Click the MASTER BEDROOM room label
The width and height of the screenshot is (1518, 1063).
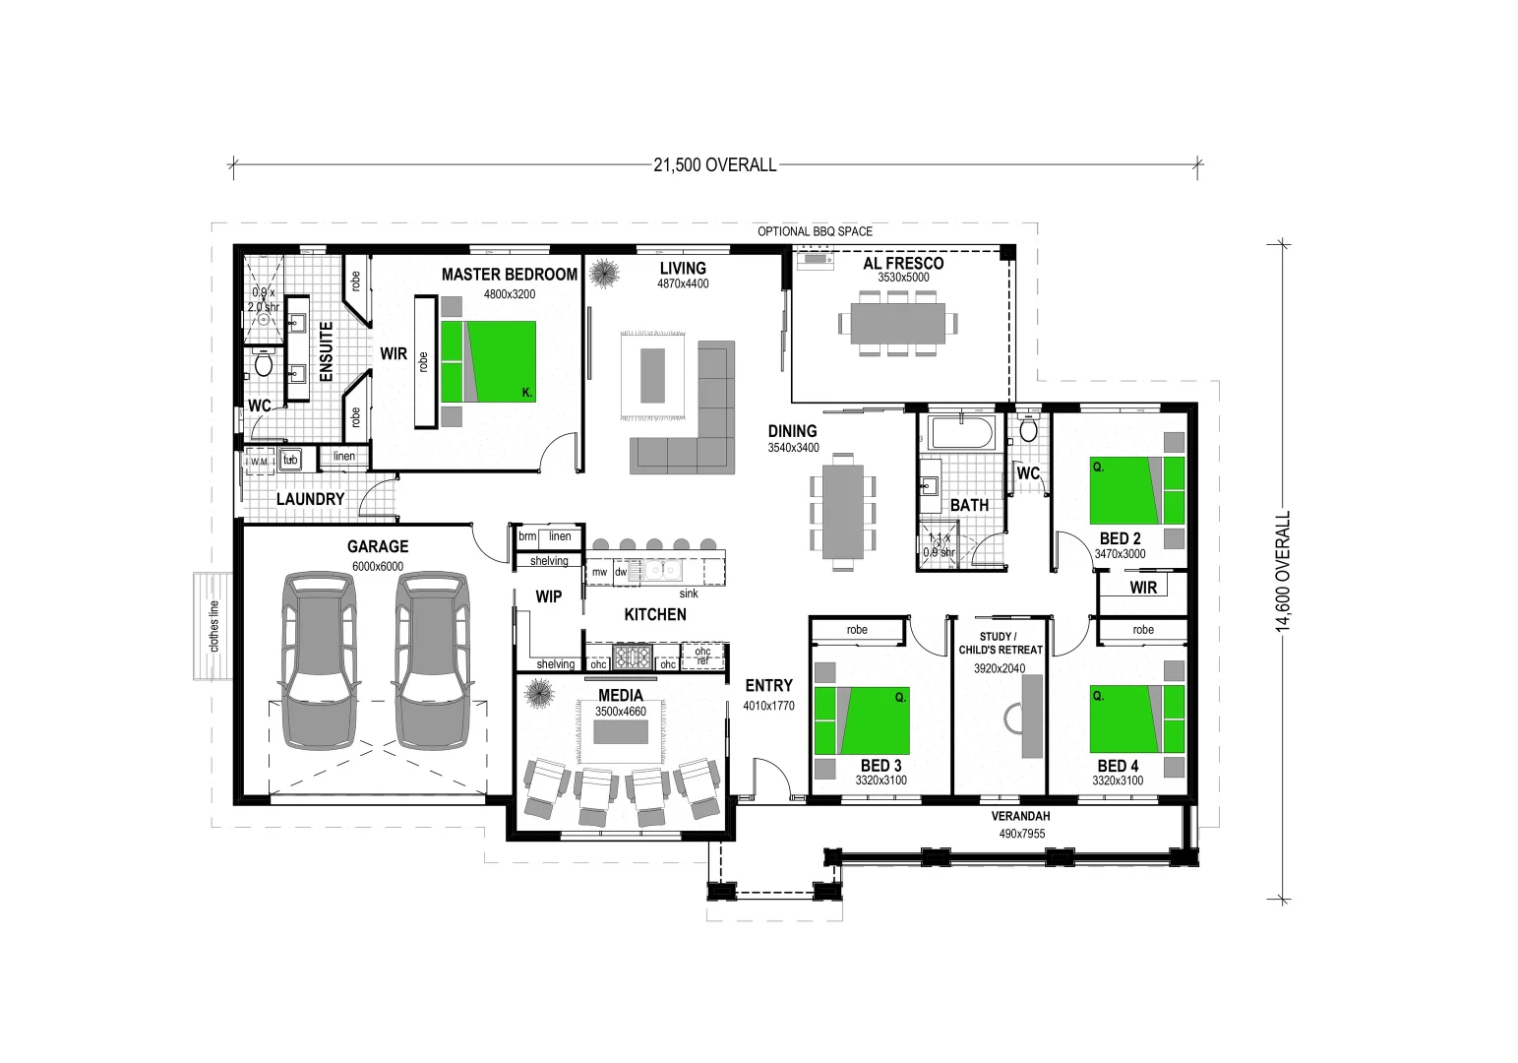pos(509,275)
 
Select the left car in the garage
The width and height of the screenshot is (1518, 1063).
pos(317,658)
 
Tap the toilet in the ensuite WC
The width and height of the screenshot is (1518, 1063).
pos(263,364)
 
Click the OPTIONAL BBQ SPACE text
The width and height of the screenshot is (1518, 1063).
pos(814,231)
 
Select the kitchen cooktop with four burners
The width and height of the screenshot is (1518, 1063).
pos(632,655)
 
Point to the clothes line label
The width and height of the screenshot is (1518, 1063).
pos(213,626)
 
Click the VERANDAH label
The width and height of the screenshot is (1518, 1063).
pos(1019,816)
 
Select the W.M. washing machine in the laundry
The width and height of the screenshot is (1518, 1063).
pos(259,461)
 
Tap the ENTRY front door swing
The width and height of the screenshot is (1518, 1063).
pos(772,778)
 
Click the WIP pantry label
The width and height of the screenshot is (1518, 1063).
pos(548,596)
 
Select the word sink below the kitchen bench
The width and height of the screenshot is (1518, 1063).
pos(688,594)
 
